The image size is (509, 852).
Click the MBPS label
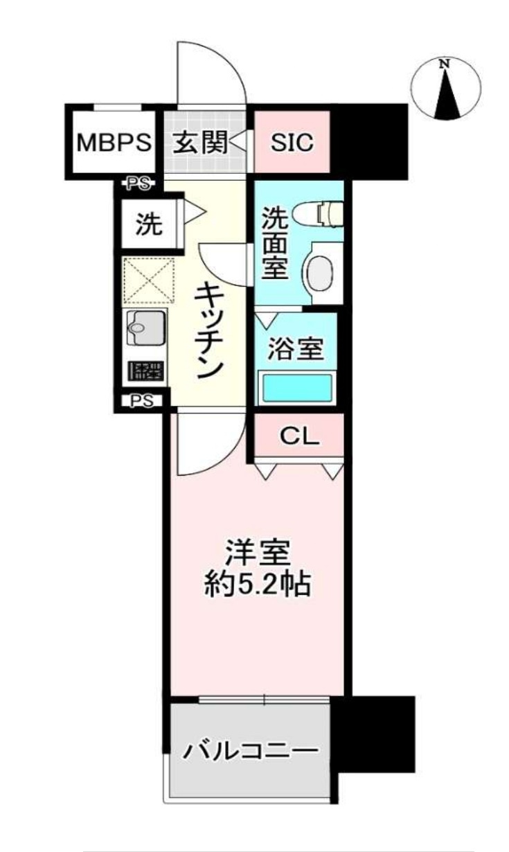[113, 143]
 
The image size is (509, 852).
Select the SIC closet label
[292, 143]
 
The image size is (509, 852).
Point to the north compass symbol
[446, 88]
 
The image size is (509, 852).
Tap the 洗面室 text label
[274, 244]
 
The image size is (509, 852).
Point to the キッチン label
[206, 331]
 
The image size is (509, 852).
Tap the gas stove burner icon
[145, 372]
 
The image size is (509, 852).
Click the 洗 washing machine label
[148, 224]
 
